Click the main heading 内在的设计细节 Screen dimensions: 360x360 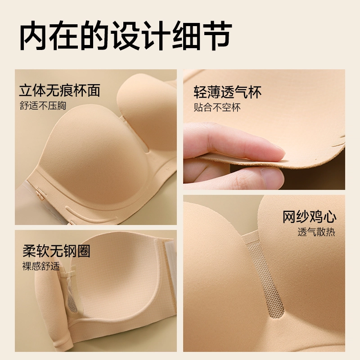[x=126, y=36]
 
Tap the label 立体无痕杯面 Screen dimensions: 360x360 [x=60, y=90]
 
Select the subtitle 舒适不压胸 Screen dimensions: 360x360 [x=43, y=106]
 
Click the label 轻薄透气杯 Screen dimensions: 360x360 [x=228, y=92]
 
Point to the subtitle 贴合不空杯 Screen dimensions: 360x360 [x=217, y=108]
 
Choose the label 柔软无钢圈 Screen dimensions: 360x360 [x=57, y=251]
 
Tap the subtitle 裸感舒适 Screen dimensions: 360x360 [x=41, y=266]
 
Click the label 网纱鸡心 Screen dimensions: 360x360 [x=309, y=217]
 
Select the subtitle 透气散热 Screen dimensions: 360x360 [x=316, y=232]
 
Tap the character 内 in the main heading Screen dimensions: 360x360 [x=34, y=36]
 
